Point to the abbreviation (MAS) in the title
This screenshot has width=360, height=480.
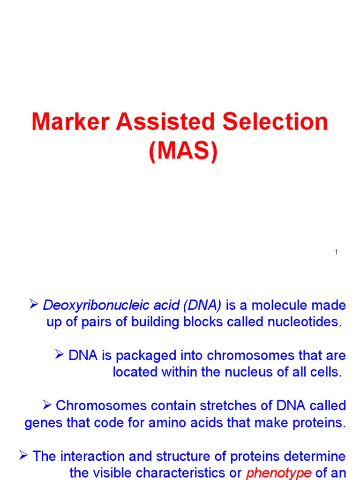pyautogui.click(x=183, y=152)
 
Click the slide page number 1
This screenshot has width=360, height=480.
pyautogui.click(x=337, y=253)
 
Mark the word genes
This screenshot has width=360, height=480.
pyautogui.click(x=41, y=423)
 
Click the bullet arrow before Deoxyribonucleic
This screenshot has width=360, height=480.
pyautogui.click(x=34, y=306)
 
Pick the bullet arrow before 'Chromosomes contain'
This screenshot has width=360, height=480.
pyautogui.click(x=46, y=405)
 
